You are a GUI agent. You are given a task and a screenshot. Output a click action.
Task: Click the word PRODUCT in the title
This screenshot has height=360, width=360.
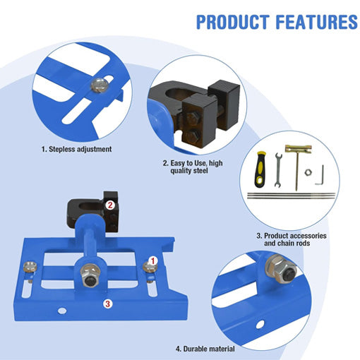point(233,22)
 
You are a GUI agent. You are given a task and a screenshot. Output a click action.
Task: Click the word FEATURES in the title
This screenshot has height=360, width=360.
point(317,22)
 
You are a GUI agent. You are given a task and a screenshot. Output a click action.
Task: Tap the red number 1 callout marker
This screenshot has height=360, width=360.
point(153,261)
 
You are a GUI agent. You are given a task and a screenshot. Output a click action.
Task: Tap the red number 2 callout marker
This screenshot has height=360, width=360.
point(110,205)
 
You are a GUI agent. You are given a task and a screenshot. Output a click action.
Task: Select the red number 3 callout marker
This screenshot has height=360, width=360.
point(107,304)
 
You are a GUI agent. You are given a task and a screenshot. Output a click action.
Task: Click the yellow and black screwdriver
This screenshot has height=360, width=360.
point(260,169)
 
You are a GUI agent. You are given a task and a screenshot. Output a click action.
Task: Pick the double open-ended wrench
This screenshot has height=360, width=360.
point(278,170)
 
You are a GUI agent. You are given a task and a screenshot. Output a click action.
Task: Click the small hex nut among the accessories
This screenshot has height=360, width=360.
point(307,172)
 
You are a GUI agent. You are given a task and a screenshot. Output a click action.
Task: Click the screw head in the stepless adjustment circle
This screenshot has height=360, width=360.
point(100,85)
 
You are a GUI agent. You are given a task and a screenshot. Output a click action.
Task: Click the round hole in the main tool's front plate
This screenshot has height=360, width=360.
point(62,311)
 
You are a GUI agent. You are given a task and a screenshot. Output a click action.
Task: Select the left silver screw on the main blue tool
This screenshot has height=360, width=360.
point(30,268)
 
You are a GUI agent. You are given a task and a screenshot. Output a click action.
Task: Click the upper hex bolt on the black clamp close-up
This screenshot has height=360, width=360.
point(193,118)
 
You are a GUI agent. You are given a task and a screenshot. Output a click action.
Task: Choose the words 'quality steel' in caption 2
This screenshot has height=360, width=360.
point(189,171)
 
